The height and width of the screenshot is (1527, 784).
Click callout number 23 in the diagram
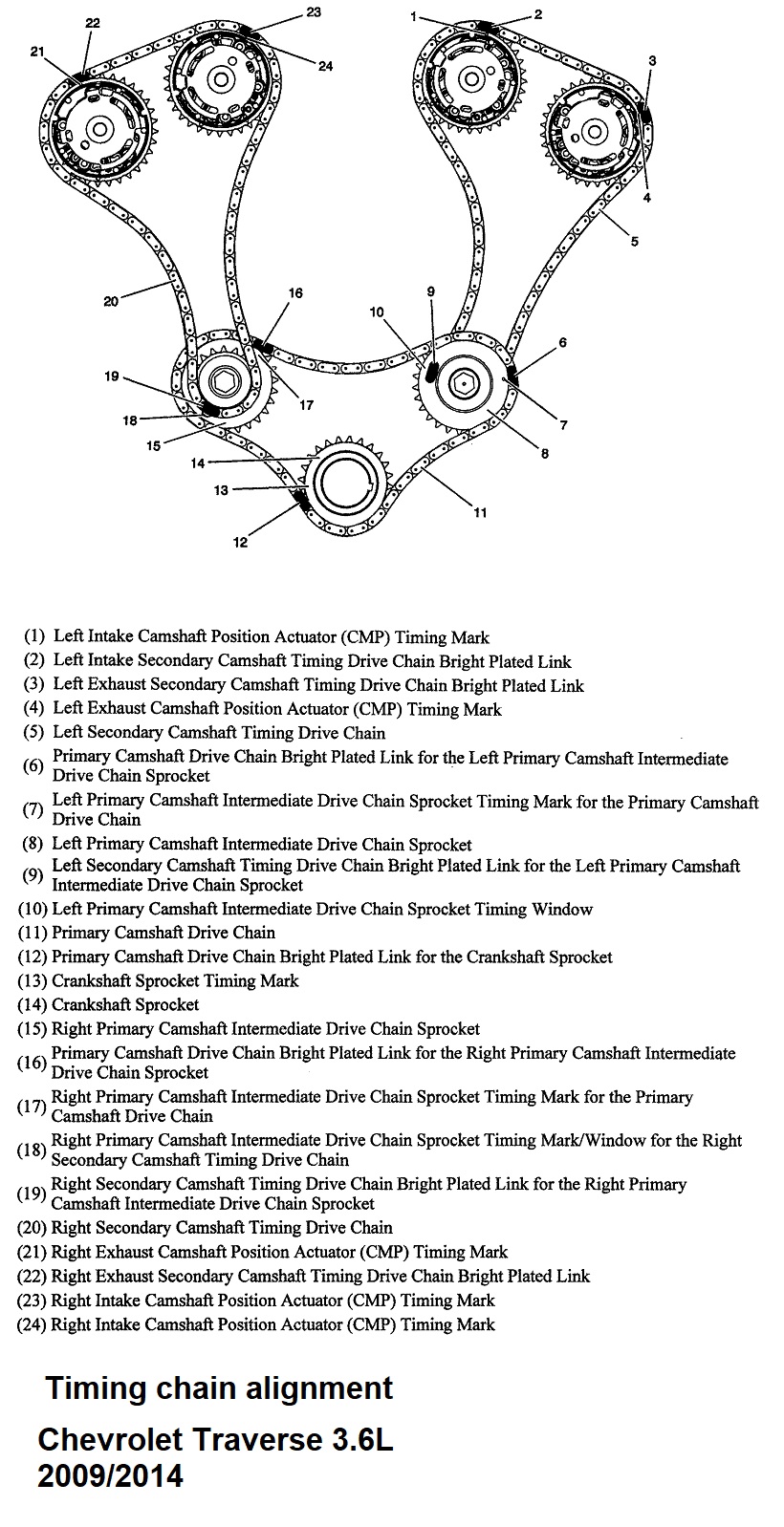(314, 12)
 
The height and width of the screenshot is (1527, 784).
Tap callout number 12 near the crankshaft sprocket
(240, 543)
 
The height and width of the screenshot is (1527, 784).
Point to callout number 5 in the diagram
(634, 242)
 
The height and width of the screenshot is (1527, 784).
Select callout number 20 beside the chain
(111, 302)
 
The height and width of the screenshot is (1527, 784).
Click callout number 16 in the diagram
(295, 292)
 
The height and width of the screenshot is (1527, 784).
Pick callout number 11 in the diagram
(480, 512)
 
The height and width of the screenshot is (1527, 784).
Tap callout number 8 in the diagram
(544, 454)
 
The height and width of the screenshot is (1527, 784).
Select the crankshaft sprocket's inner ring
(348, 484)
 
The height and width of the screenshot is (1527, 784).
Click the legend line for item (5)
(219, 733)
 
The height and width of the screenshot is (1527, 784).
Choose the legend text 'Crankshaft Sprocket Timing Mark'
(175, 980)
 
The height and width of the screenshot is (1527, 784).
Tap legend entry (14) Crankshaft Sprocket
(125, 1004)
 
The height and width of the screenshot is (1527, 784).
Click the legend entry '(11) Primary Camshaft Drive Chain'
(163, 933)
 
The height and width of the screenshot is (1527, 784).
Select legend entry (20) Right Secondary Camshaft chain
(221, 1227)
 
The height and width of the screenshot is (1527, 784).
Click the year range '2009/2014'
(110, 1475)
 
